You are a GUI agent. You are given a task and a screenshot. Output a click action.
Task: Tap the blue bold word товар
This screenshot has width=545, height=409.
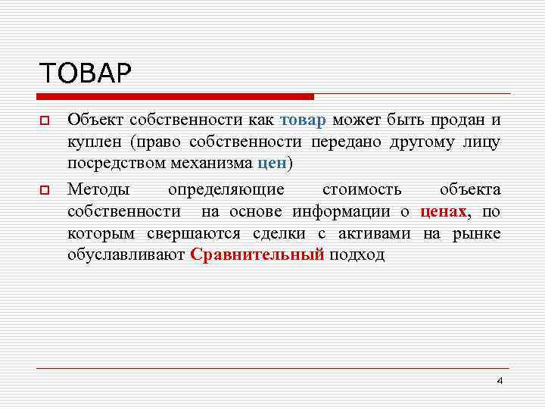pos(303,120)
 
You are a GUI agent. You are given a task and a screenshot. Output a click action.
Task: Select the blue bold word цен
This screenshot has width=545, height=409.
pos(272,163)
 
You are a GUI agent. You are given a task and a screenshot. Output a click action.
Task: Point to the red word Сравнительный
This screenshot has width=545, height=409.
pos(257,254)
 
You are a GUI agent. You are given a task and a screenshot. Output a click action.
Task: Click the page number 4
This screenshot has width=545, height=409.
pos(499,380)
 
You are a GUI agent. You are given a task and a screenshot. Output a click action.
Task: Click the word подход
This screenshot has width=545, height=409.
pos(357,254)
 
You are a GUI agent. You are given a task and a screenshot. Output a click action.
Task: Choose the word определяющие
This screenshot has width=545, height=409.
pos(226,189)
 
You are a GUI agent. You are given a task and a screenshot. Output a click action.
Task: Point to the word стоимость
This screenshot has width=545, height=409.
pos(362,189)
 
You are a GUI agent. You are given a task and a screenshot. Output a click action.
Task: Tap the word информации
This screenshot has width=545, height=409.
pos(343,211)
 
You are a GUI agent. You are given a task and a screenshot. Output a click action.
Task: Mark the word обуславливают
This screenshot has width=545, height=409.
pos(126,254)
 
